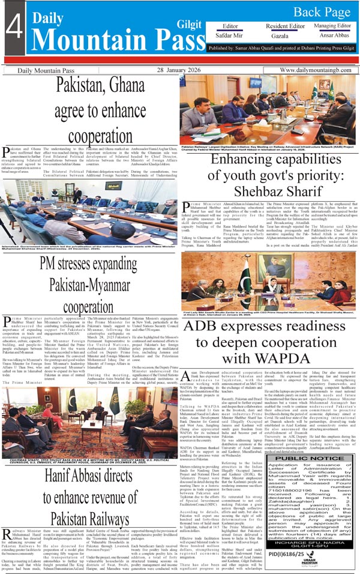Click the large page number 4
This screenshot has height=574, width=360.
[13, 31]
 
